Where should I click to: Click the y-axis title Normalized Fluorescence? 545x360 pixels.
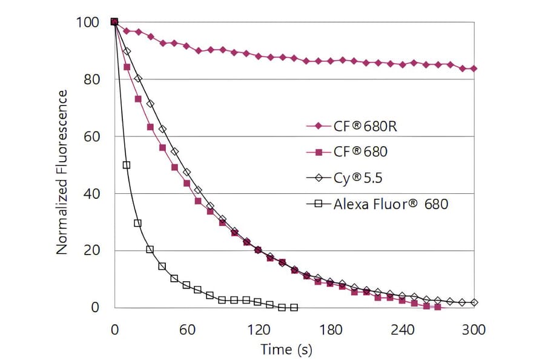(62, 172)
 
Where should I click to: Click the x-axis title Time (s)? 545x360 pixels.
(286, 349)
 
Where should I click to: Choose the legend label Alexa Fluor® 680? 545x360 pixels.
(391, 204)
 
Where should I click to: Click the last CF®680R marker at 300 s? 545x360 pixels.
(474, 68)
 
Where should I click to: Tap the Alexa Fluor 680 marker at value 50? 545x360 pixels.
(127, 165)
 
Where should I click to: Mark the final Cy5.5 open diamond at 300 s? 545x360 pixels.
(474, 302)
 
